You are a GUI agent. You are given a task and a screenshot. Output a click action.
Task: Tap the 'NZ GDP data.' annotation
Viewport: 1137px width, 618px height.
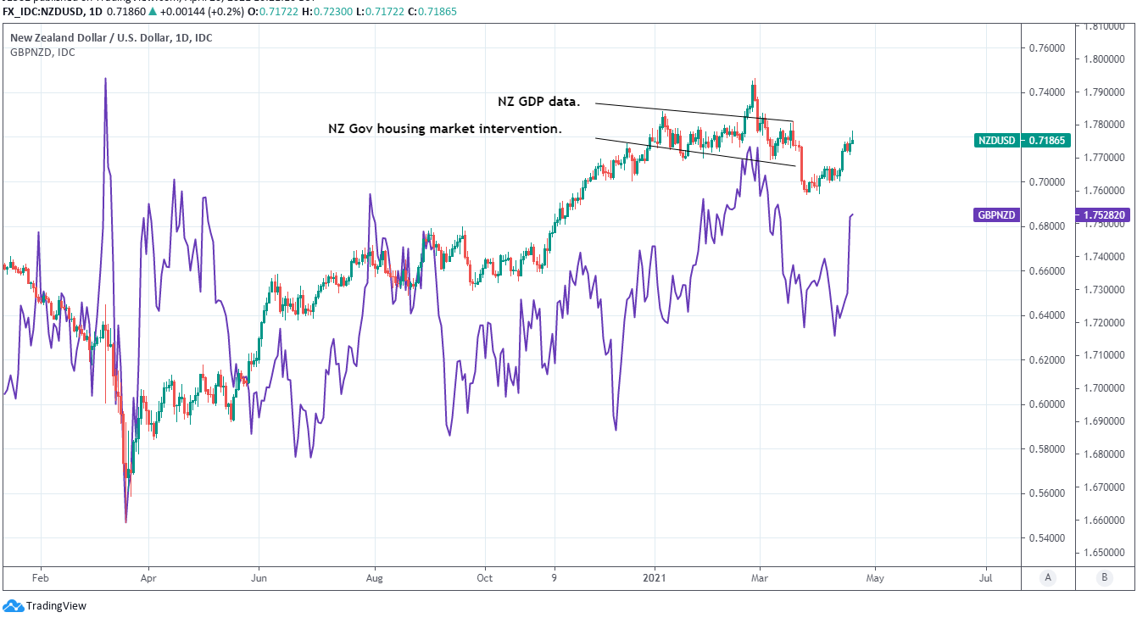[538, 102]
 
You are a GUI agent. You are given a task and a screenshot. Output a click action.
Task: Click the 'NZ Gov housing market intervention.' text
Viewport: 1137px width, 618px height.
[445, 129]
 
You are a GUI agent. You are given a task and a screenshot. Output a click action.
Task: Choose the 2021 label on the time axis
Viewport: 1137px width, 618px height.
[655, 578]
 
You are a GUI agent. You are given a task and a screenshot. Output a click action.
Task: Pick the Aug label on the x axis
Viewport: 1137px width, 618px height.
[375, 578]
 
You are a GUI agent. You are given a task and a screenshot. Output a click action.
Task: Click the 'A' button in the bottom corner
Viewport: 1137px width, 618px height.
[1048, 577]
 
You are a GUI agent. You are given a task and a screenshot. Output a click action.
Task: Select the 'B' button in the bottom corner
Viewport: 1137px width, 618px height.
[1104, 577]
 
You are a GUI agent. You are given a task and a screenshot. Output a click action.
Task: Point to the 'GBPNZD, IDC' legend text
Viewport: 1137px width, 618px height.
[42, 53]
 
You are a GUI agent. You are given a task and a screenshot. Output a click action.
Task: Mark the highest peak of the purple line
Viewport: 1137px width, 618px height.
[105, 79]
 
